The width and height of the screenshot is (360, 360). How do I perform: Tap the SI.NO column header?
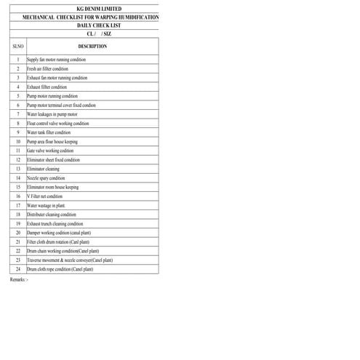(x=17, y=46)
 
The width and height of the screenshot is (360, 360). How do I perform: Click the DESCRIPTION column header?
(x=92, y=46)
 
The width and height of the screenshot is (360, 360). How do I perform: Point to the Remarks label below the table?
(x=19, y=279)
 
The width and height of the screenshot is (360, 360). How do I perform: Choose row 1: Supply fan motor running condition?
(x=56, y=60)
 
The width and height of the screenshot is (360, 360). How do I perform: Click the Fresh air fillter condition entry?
(x=48, y=68)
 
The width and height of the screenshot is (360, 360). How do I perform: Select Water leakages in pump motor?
(x=52, y=114)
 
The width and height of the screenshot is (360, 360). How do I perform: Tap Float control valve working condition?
(x=58, y=124)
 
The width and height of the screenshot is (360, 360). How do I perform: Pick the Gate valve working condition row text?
(x=50, y=151)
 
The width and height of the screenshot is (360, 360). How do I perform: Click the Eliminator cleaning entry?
(x=43, y=169)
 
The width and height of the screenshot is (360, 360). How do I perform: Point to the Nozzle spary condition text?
(x=46, y=178)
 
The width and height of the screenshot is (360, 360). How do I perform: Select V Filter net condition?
(x=45, y=196)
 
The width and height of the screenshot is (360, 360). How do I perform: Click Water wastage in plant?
(x=46, y=206)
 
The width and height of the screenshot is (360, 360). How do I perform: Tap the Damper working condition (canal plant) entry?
(x=59, y=233)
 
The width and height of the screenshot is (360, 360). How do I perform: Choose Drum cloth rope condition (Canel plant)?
(x=60, y=269)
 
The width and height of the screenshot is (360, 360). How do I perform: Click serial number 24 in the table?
(x=17, y=269)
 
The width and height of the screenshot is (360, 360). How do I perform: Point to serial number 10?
(x=17, y=142)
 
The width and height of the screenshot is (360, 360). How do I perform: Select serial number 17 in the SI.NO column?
(x=17, y=206)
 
